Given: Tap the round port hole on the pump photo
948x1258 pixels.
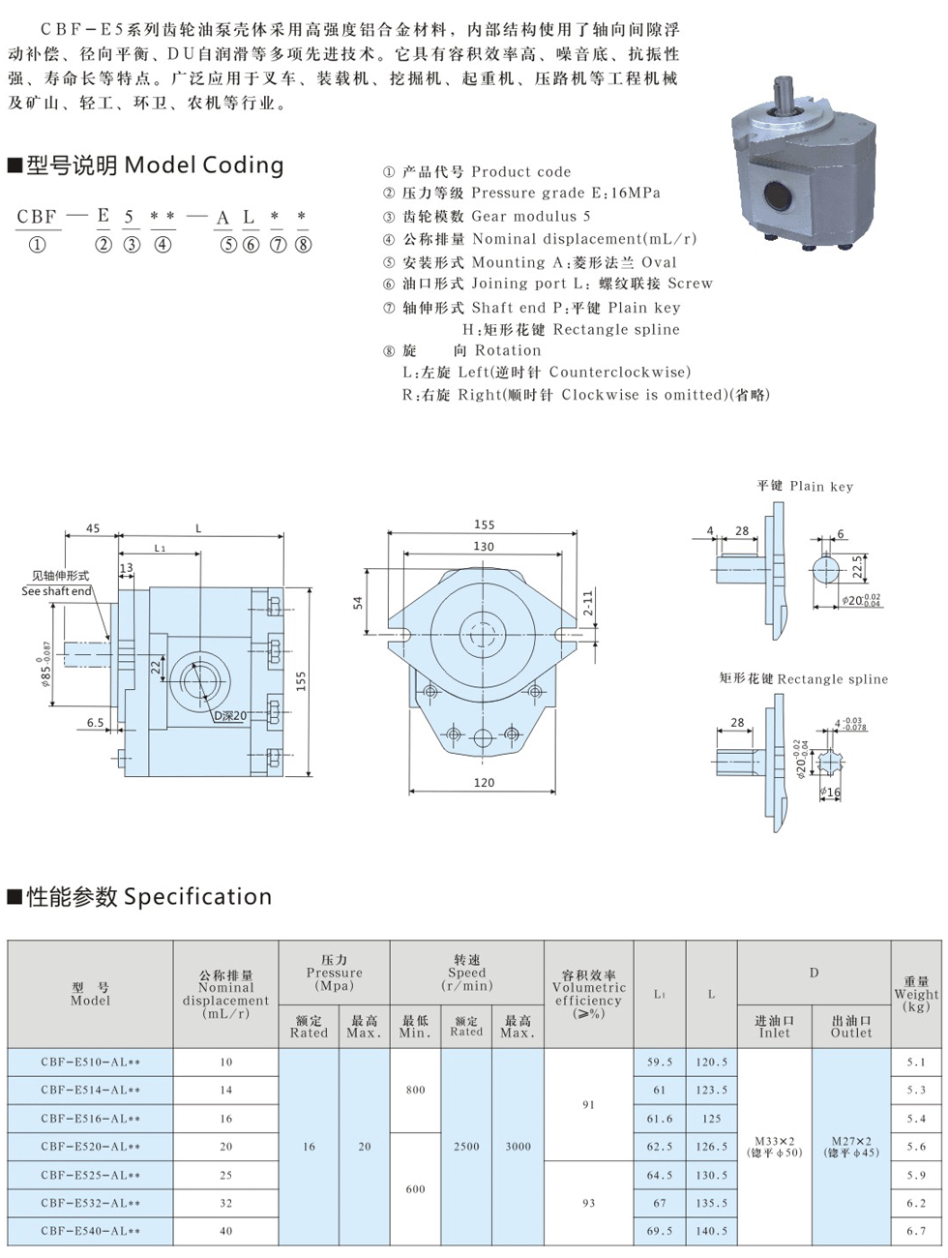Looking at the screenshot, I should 779,196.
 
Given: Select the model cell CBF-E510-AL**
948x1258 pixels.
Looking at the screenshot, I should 91,1062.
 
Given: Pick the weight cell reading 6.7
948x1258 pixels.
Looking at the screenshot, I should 915,1231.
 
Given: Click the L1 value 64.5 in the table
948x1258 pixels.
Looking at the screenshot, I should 660,1175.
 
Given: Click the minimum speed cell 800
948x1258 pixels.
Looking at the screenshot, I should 415,1090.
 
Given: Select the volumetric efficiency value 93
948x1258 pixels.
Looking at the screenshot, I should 588,1203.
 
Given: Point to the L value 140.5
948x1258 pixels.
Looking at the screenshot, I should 711,1231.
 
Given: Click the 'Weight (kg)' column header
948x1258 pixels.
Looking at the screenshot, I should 915,994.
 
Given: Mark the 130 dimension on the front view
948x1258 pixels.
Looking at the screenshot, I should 484,547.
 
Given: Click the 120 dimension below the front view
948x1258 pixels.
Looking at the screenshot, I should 484,783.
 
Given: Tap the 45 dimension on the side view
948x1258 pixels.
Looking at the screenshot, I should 93,528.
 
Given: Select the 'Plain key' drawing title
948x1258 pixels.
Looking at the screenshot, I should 805,486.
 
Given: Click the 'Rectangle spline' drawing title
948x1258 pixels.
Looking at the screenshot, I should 803,678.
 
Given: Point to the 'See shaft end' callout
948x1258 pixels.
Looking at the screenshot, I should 57,584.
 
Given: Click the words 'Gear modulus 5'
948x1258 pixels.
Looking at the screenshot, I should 531,216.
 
